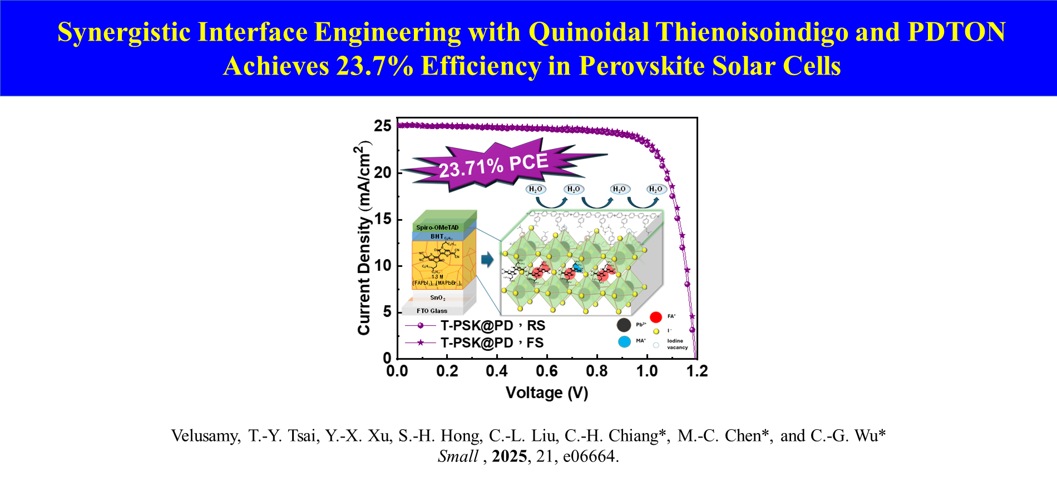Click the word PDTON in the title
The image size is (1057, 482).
pyautogui.click(x=956, y=32)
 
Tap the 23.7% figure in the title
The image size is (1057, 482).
pyautogui.click(x=374, y=66)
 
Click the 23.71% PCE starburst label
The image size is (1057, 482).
pyautogui.click(x=493, y=165)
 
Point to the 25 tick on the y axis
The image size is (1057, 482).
pyautogui.click(x=383, y=126)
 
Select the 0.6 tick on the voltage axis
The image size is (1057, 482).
pyautogui.click(x=547, y=371)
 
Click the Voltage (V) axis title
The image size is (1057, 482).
pyautogui.click(x=547, y=392)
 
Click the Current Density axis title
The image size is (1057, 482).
pyautogui.click(x=363, y=239)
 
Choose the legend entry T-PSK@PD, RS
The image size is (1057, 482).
pyautogui.click(x=492, y=326)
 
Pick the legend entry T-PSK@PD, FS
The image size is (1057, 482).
pyautogui.click(x=492, y=343)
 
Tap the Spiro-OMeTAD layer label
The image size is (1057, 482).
pyautogui.click(x=437, y=227)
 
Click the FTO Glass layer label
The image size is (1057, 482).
pyautogui.click(x=432, y=311)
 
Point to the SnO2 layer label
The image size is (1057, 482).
pyautogui.click(x=437, y=298)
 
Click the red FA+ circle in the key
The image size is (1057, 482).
pyautogui.click(x=656, y=317)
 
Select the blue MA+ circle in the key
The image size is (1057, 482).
pyautogui.click(x=624, y=341)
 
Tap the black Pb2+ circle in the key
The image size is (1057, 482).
pyautogui.click(x=624, y=325)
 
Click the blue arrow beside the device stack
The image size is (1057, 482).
pyautogui.click(x=487, y=259)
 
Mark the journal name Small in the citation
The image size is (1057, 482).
pyautogui.click(x=457, y=456)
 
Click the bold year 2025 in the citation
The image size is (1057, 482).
pyautogui.click(x=509, y=456)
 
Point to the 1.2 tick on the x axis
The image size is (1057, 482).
pyautogui.click(x=697, y=371)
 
